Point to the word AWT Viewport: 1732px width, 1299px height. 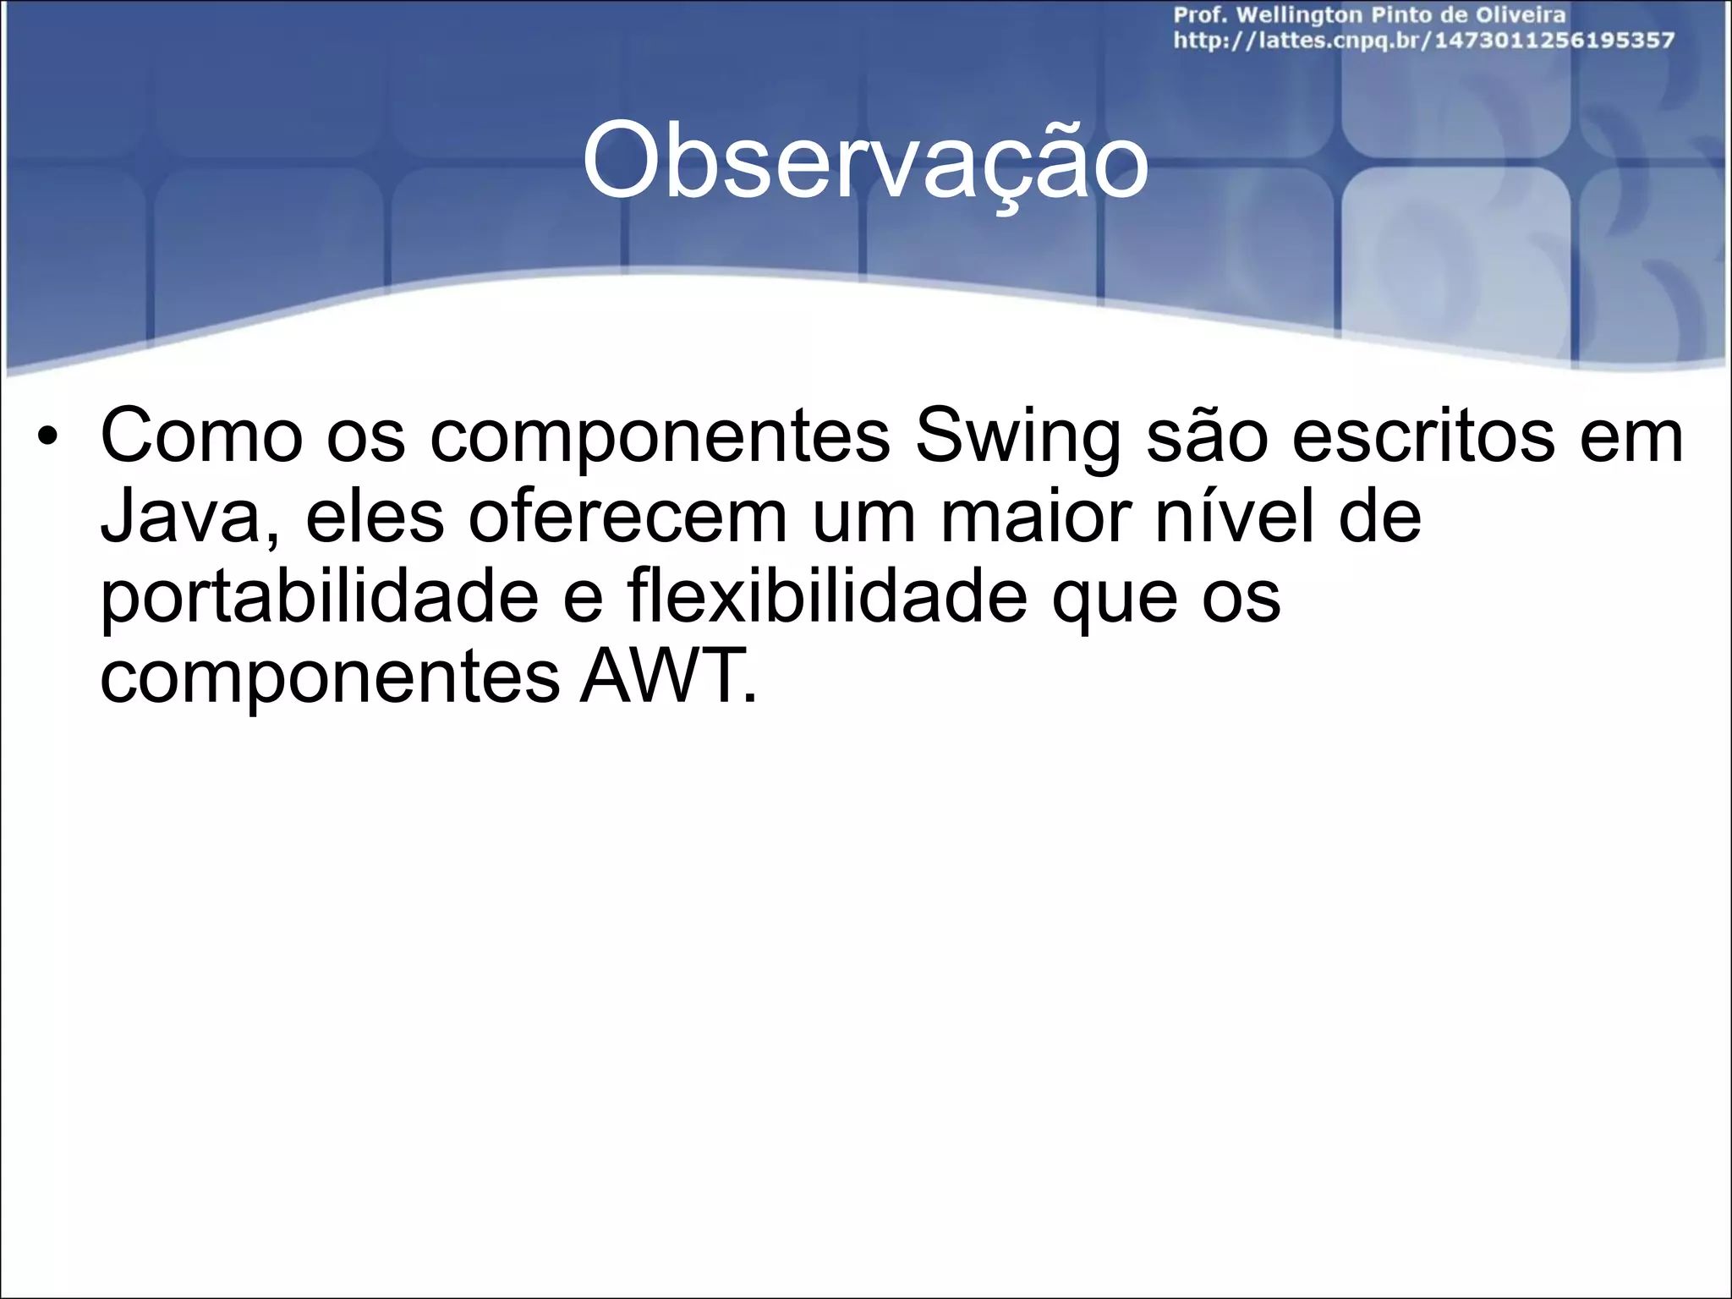coord(667,677)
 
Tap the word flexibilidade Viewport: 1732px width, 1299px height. coord(826,597)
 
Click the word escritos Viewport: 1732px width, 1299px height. coord(1424,438)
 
